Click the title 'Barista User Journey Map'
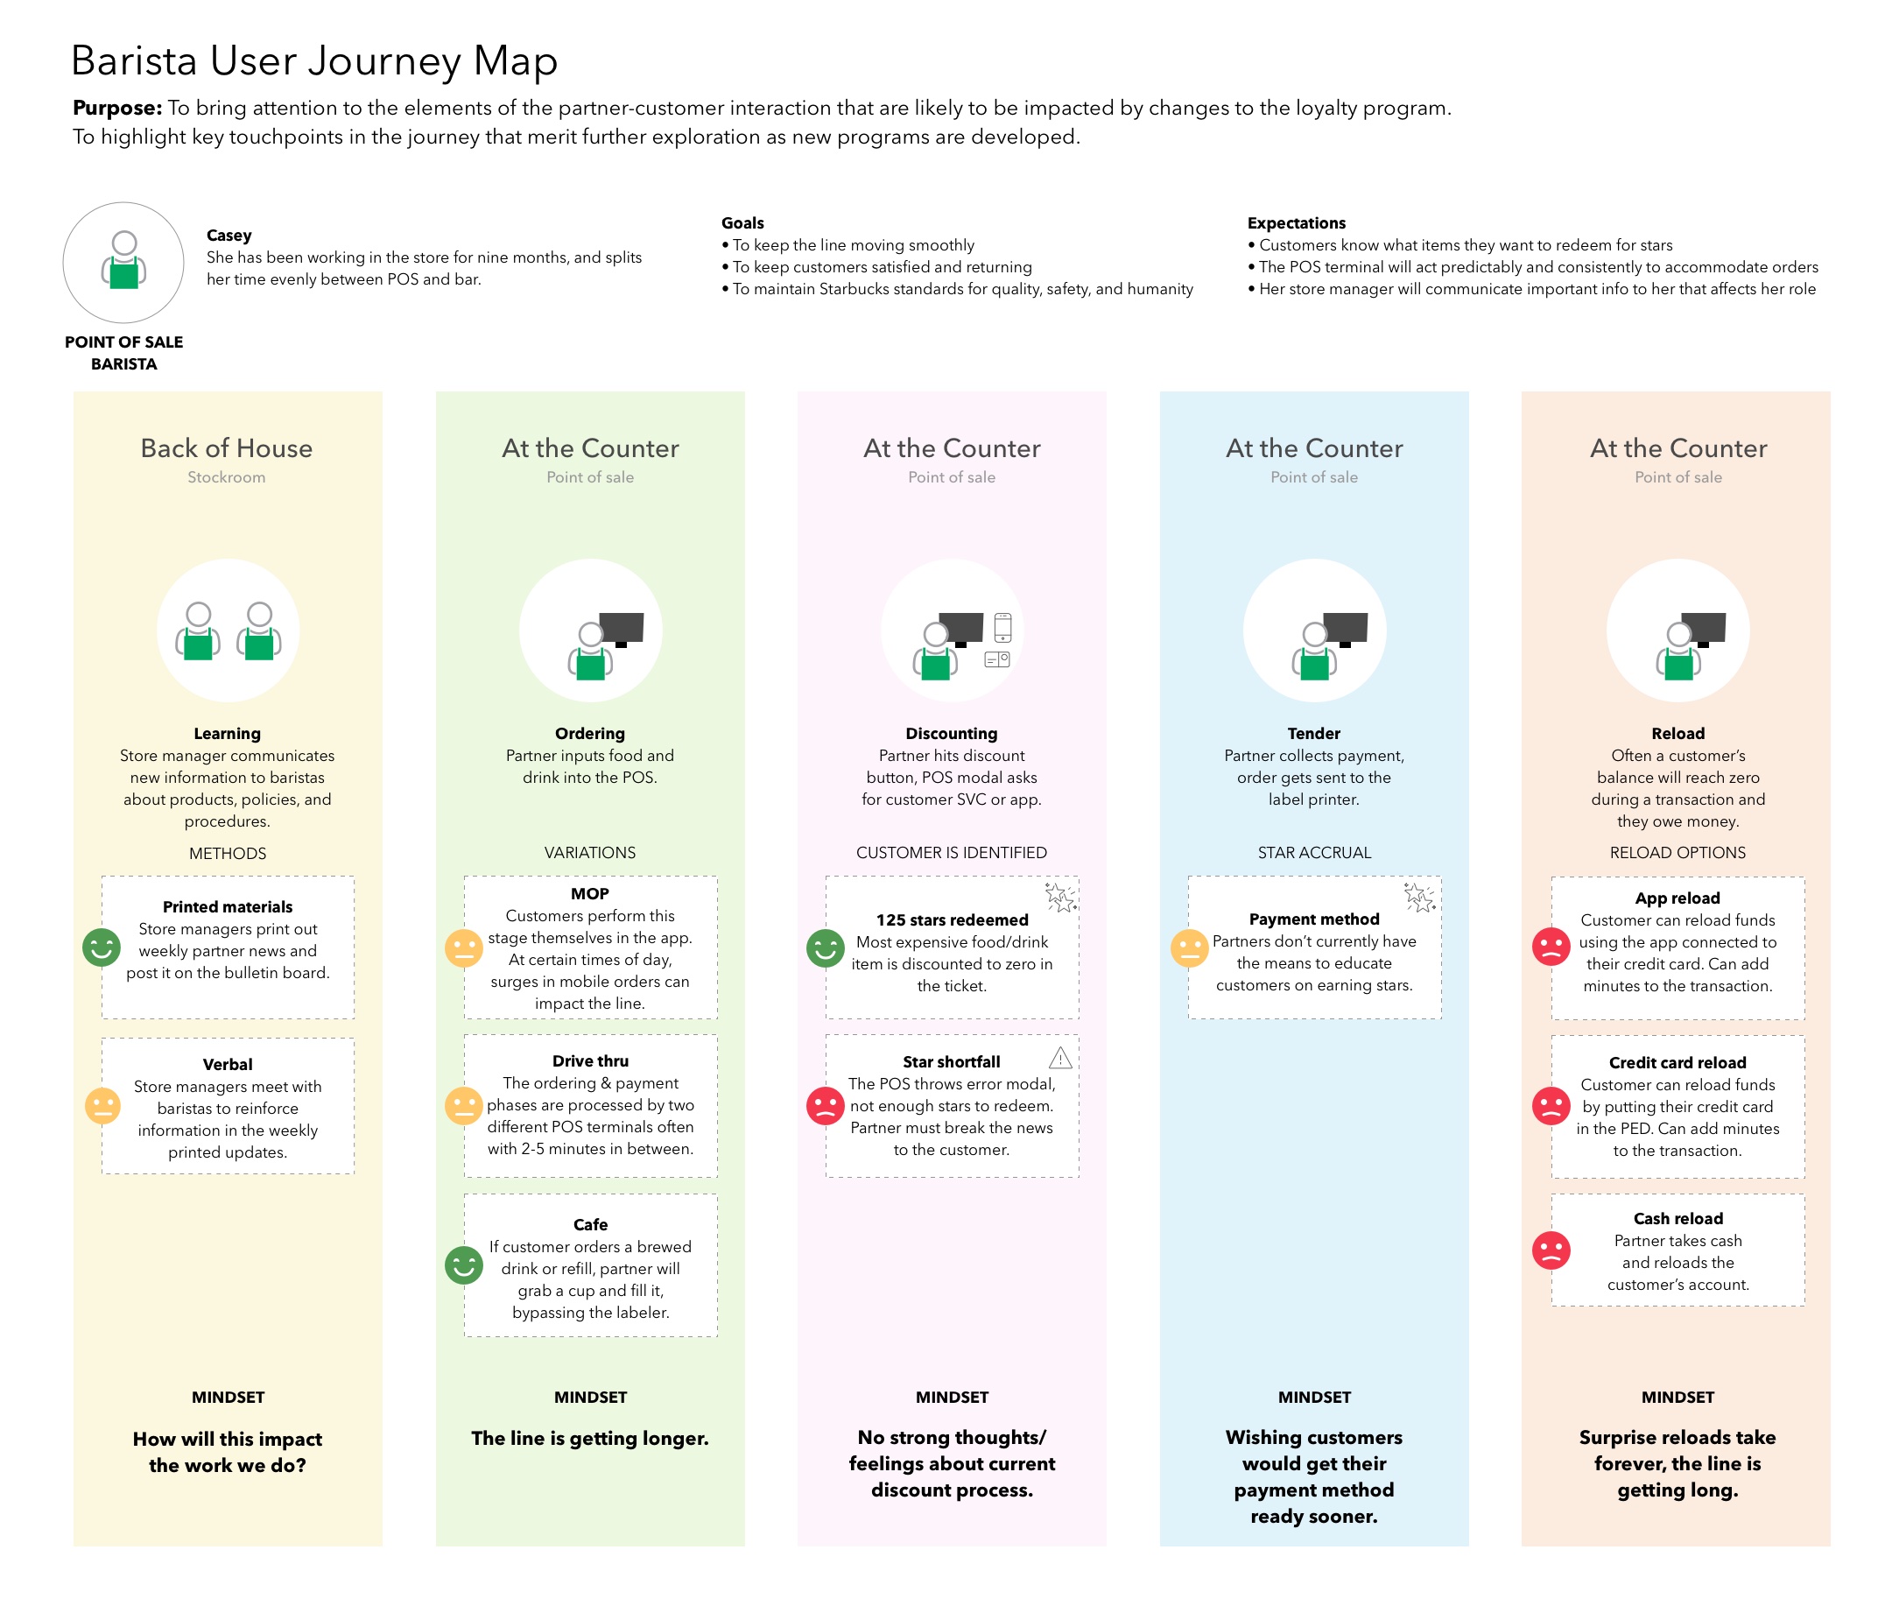click(x=314, y=61)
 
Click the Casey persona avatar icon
click(x=123, y=262)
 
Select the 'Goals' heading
click(x=742, y=222)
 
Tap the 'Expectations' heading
click(x=1296, y=222)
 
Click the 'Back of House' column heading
click(x=227, y=448)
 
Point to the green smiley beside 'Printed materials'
click(x=102, y=947)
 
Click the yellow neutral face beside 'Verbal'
click(x=102, y=1106)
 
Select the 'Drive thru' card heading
click(x=590, y=1060)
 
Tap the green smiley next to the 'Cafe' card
click(x=464, y=1265)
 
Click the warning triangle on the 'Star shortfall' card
click(x=1060, y=1058)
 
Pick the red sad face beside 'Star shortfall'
click(x=825, y=1106)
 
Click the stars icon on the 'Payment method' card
click(x=1420, y=897)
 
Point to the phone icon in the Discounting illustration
click(x=1002, y=628)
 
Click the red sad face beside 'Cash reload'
click(x=1551, y=1250)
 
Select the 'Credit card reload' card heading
click(x=1677, y=1062)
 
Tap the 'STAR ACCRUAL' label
click(x=1314, y=853)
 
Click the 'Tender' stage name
click(x=1313, y=734)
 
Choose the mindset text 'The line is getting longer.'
click(x=590, y=1439)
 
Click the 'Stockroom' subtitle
click(x=227, y=476)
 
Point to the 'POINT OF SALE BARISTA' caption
click(x=123, y=353)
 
